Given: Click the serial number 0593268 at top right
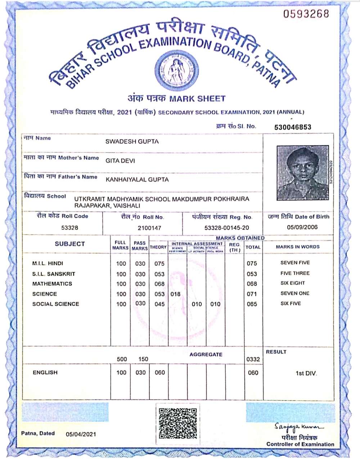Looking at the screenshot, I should coord(306,14).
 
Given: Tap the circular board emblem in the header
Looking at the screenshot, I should coord(177,70).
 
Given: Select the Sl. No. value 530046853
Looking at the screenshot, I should coord(293,127).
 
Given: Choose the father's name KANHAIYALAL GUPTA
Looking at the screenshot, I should coord(137,179).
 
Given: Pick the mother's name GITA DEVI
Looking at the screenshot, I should coord(120,161).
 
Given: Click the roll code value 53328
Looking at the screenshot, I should coord(70,228).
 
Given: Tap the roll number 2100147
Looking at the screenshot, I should coord(149,228).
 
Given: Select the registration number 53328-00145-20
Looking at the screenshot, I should coord(226,228).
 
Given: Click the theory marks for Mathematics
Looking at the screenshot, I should coord(159,284).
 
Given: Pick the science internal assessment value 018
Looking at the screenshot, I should coord(175,294).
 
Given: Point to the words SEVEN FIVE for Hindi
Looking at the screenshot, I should coord(295,263).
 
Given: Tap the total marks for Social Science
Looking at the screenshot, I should coord(252,304).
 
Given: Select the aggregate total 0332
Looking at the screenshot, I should coord(253,359).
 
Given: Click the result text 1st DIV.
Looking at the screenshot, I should coord(306,373).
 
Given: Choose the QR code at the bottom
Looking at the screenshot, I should coord(178,423).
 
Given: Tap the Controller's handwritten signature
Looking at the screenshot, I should coord(298,427).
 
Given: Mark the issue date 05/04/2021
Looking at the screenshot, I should coord(81,434).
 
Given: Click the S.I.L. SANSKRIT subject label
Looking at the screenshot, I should coord(54,274).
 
